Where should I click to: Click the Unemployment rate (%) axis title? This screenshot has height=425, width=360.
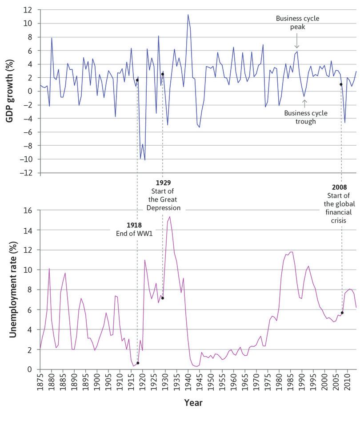tap(12, 290)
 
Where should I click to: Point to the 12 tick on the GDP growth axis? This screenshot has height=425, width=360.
tap(28, 10)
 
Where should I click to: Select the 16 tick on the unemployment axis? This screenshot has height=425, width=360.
tap(28, 211)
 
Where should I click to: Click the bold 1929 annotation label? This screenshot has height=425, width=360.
tap(164, 183)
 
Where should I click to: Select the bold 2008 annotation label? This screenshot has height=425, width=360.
tap(340, 187)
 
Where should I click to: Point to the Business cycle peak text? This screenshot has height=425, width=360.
tap(297, 22)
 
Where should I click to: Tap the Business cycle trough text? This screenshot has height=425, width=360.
tap(306, 117)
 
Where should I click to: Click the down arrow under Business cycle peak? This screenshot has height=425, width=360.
tap(297, 44)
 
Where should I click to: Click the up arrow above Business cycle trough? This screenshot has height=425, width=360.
tap(304, 103)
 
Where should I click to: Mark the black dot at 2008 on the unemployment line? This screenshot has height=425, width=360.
tap(342, 313)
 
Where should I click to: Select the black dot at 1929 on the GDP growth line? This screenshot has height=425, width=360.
tap(163, 74)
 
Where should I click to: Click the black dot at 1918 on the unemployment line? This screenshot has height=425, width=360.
tap(138, 363)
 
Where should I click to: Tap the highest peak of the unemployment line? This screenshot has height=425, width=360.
tap(170, 217)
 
